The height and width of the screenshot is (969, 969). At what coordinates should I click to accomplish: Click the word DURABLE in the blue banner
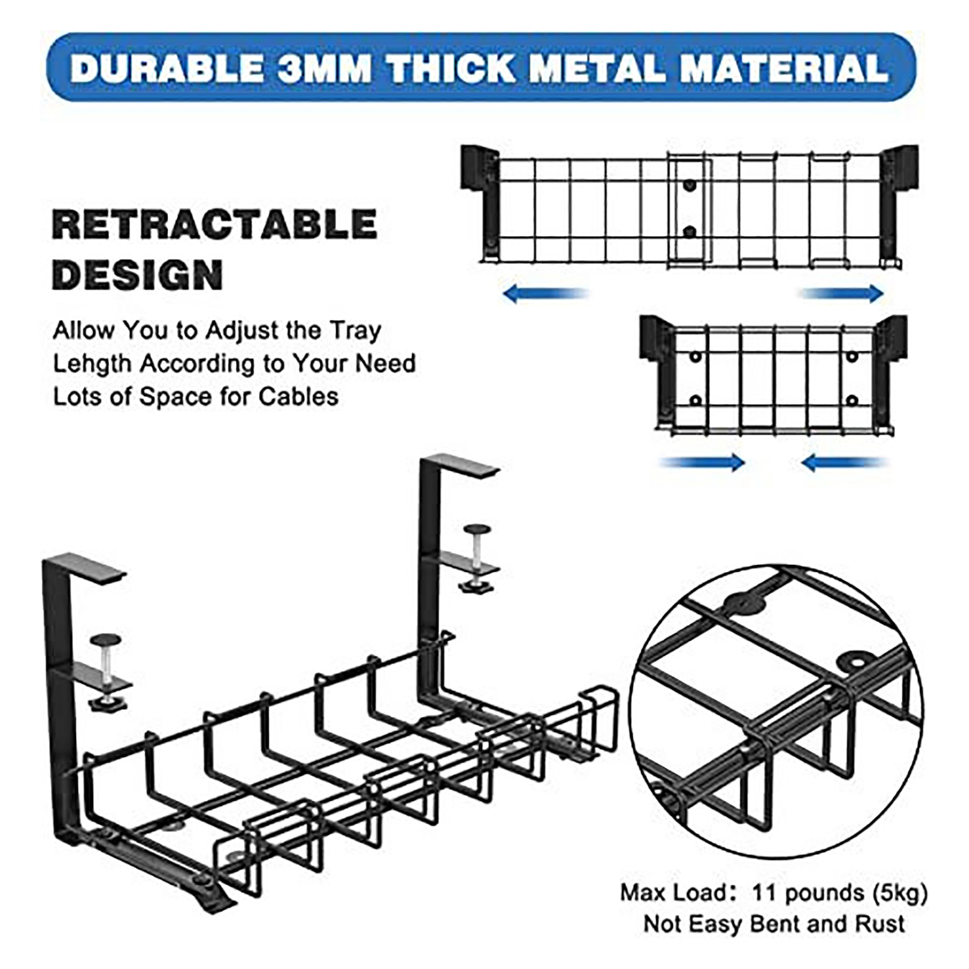point(168,68)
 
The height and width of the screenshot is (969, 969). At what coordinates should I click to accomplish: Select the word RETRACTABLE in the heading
point(215,225)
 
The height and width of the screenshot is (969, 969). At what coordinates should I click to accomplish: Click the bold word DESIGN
point(137,275)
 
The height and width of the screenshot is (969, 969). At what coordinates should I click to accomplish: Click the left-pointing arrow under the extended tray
point(546,294)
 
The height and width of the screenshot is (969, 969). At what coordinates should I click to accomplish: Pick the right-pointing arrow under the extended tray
point(842,294)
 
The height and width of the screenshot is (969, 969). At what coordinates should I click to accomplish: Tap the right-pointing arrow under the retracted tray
point(703,463)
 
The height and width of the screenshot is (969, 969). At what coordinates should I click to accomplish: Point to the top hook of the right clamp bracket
point(460,465)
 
